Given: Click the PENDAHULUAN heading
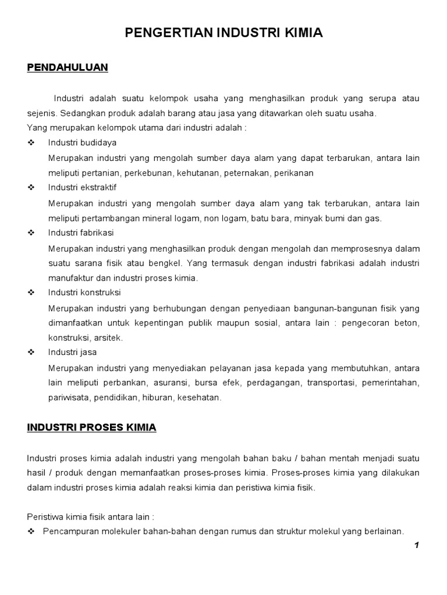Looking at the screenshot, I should [68, 67].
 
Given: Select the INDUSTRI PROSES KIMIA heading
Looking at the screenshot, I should [92, 427].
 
